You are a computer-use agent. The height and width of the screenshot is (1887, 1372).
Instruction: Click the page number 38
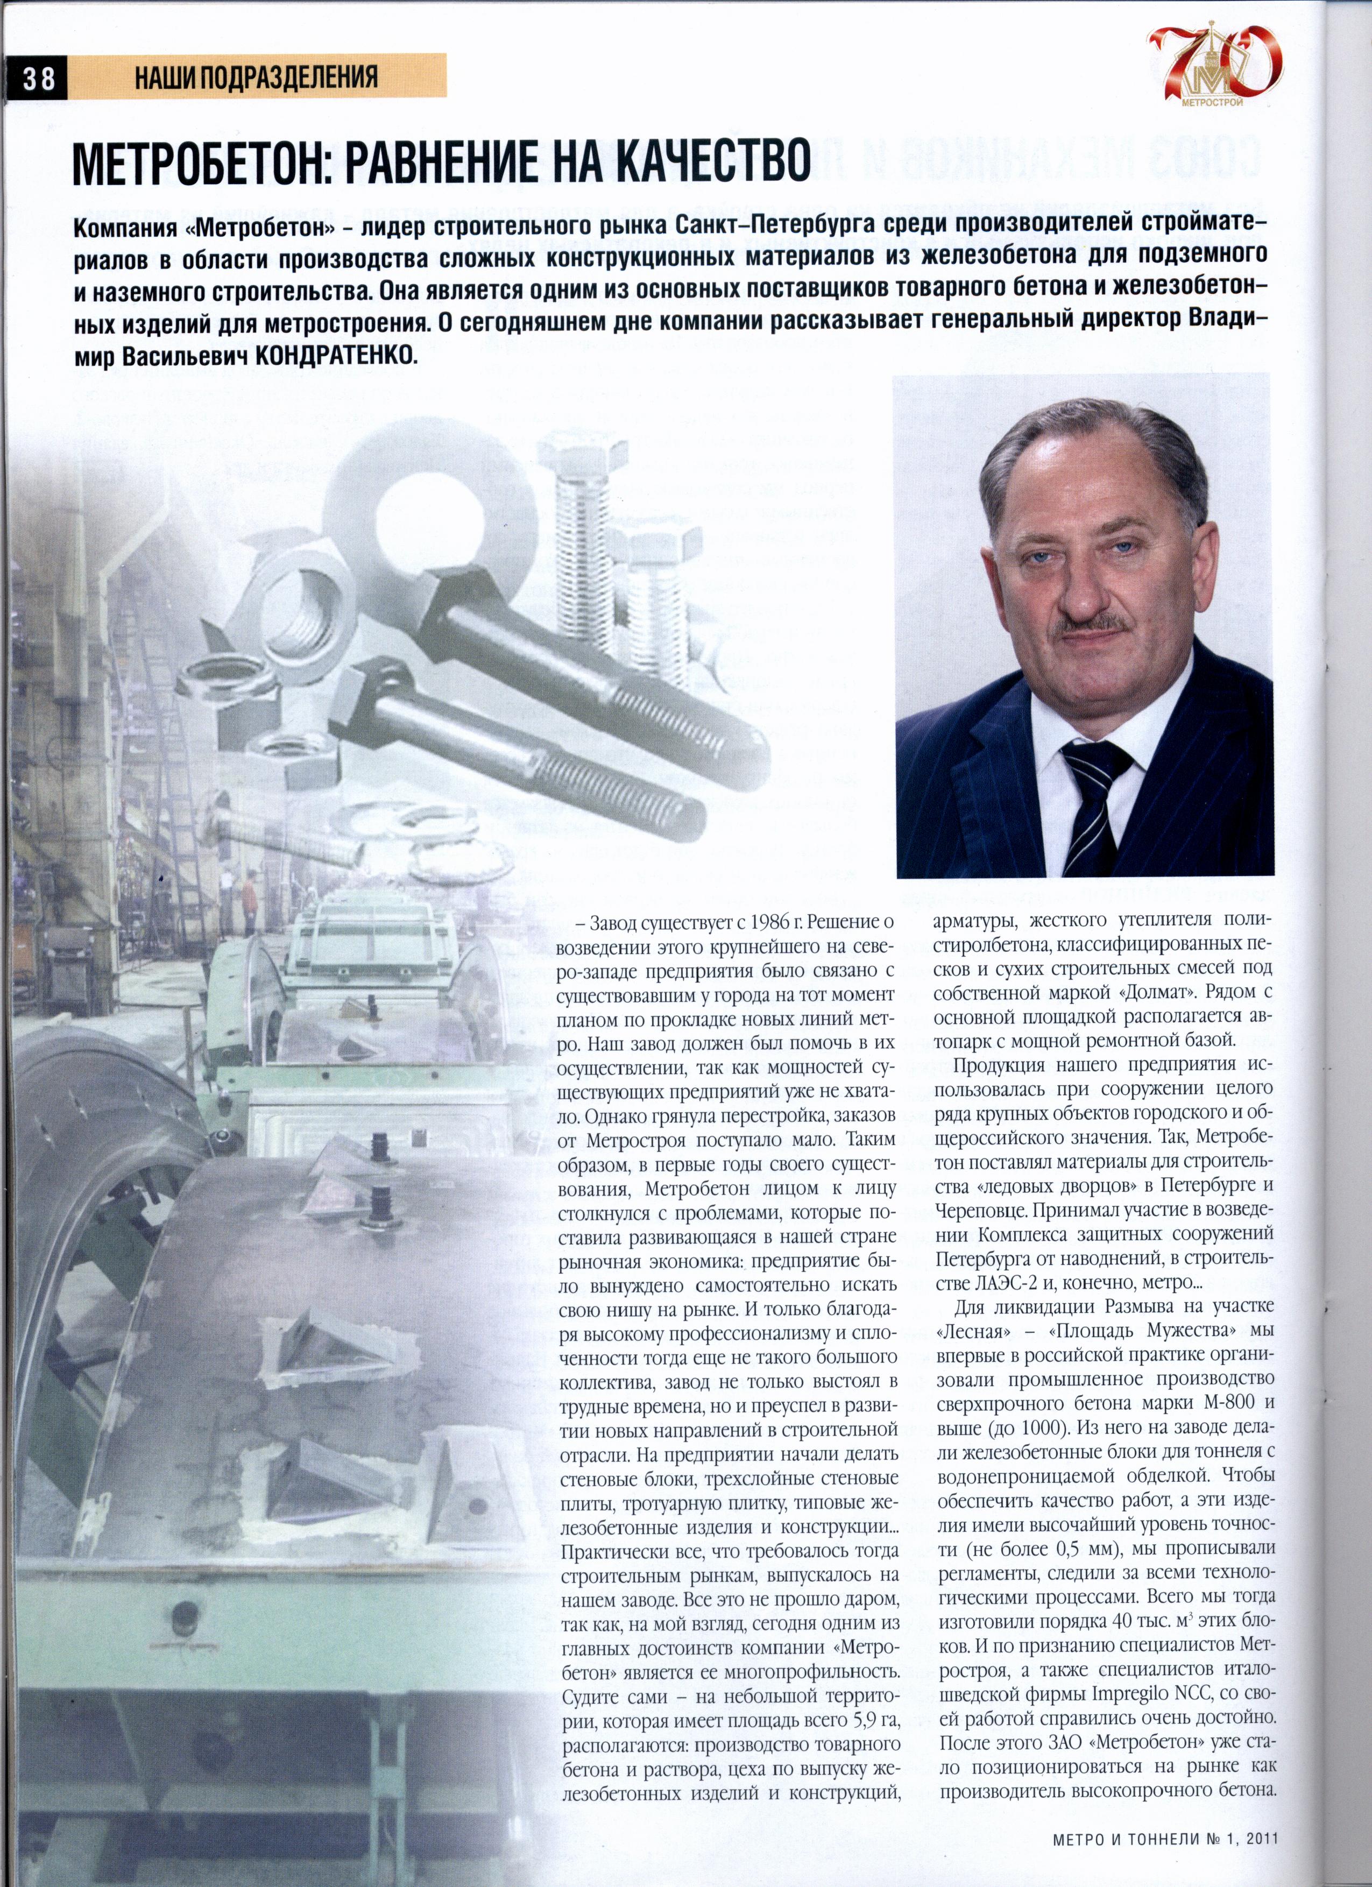point(38,78)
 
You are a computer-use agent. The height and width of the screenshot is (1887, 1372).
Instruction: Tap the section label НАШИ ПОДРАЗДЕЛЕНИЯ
point(256,78)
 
